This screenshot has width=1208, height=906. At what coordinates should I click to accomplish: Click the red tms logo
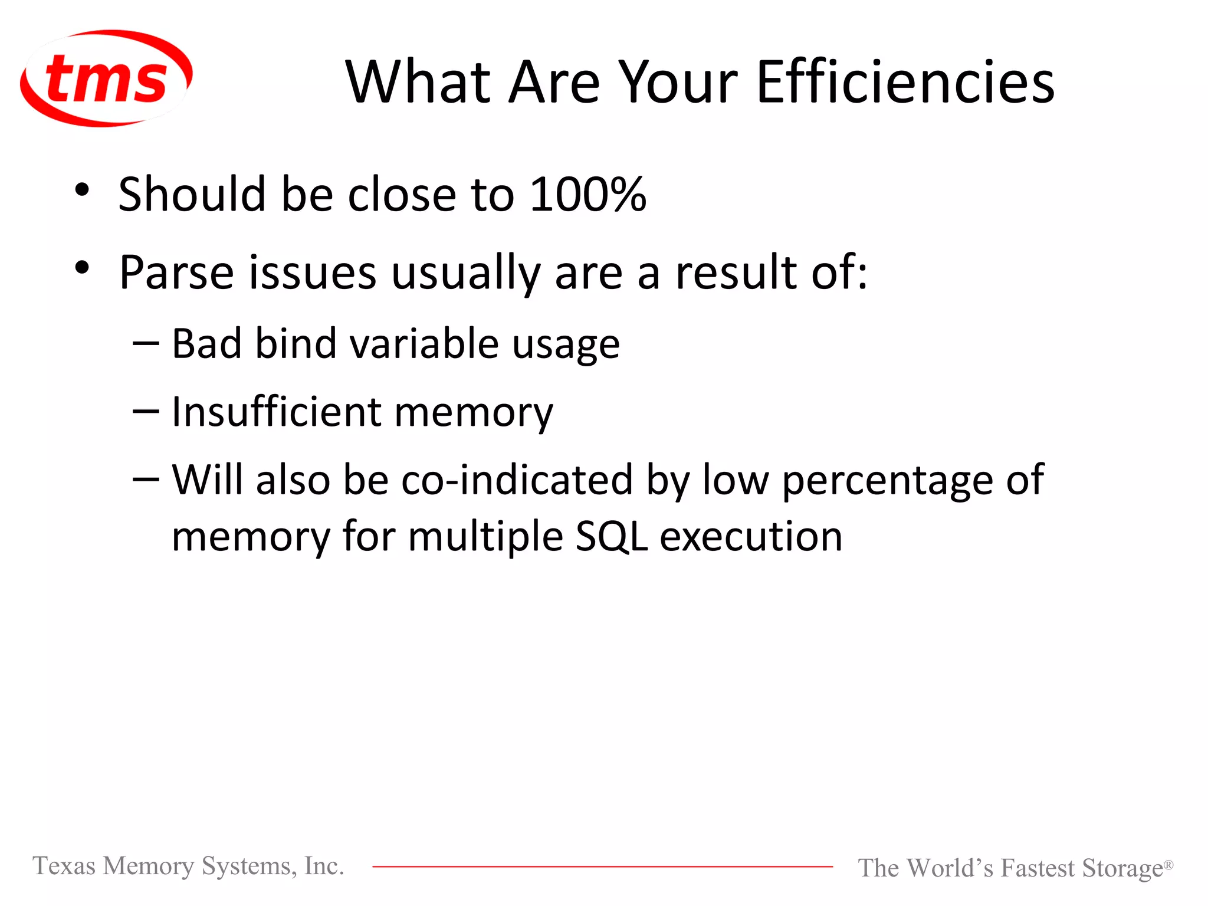click(x=106, y=78)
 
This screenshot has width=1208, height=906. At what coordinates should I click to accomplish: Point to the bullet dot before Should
click(x=82, y=190)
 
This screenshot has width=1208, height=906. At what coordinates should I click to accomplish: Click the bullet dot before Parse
click(x=82, y=268)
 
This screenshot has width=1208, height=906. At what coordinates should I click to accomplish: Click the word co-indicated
click(x=517, y=479)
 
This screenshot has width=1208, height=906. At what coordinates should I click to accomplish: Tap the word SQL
click(x=612, y=537)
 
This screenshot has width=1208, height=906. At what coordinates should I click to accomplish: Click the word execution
click(x=751, y=537)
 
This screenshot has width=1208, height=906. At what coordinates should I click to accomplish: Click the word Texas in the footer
click(x=64, y=866)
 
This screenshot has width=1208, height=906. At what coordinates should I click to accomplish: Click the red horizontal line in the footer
click(x=602, y=866)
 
